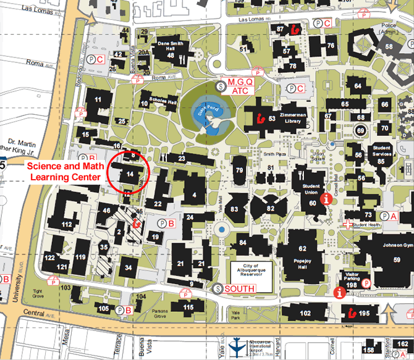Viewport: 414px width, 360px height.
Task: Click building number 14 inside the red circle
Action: [x=130, y=175]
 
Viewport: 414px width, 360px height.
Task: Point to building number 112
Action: [x=67, y=224]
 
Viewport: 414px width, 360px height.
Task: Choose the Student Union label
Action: [x=312, y=190]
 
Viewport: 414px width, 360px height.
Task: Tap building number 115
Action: [x=188, y=307]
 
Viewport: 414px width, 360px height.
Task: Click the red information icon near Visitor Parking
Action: [x=339, y=293]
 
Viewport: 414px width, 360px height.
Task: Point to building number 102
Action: [x=305, y=313]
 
